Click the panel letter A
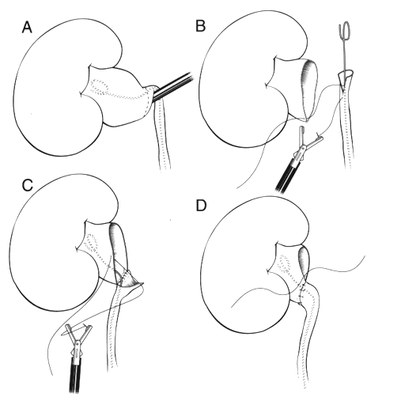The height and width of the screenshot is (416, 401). tap(27, 28)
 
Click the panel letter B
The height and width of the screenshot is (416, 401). tap(201, 26)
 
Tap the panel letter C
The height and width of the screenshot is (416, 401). tap(28, 185)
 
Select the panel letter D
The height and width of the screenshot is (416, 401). tap(201, 206)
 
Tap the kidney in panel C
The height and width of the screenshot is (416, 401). tap(47, 244)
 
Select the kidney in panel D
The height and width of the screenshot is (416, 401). tap(239, 265)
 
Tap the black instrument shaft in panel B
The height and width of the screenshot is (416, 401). tap(288, 176)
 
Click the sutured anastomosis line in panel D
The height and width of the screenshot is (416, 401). tap(302, 293)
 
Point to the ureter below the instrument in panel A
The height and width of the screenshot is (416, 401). tap(162, 135)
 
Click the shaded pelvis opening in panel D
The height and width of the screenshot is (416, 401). tap(305, 260)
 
